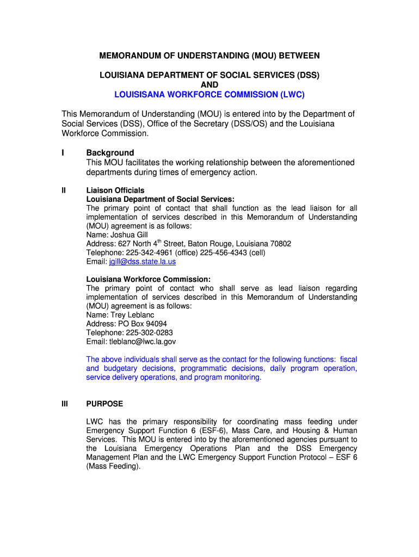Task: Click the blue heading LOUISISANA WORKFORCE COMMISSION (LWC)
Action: point(209,95)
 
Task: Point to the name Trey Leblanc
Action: point(132,315)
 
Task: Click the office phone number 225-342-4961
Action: point(147,253)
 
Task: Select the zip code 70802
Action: point(280,244)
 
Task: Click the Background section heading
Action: point(110,153)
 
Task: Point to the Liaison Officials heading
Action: point(115,190)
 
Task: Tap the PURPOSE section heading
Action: point(104,404)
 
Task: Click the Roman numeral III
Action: point(65,404)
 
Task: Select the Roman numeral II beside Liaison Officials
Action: point(64,190)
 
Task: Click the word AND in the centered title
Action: point(209,85)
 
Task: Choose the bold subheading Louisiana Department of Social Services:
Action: point(161,199)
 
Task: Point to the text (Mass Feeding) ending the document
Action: point(113,466)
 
